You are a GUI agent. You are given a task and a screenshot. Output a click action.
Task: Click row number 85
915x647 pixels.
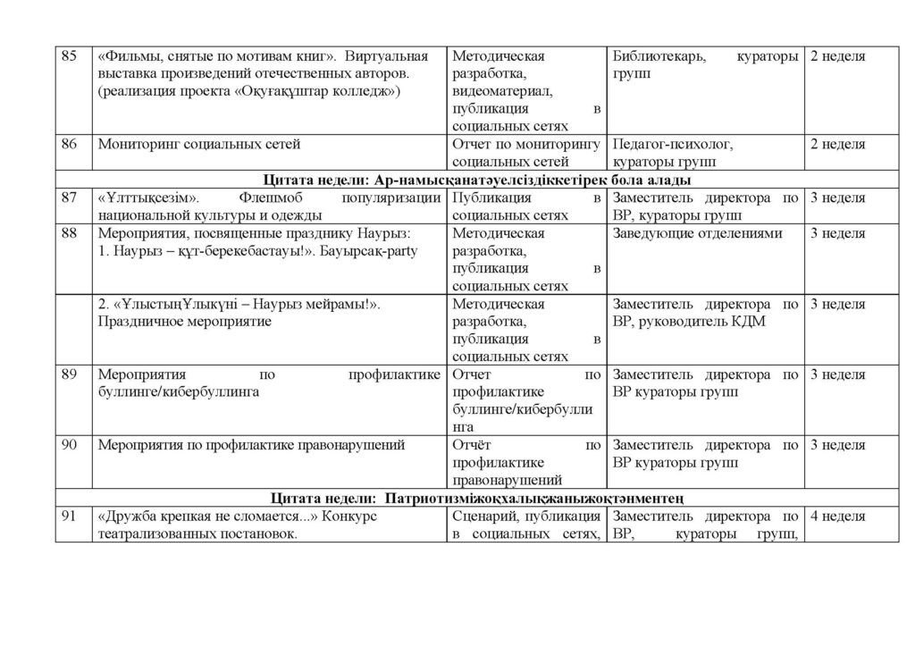[x=69, y=56]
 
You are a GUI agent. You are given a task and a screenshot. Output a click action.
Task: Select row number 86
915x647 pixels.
[x=69, y=144]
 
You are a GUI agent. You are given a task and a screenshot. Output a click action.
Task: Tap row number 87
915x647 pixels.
[x=69, y=198]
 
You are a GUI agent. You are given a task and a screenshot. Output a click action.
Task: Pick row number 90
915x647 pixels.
[x=69, y=444]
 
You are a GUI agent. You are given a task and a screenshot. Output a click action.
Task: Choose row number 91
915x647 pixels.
[x=69, y=517]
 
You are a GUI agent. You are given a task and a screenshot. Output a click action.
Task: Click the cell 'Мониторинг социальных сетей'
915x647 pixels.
[x=199, y=144]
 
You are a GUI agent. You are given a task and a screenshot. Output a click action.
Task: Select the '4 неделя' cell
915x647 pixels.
[x=837, y=517]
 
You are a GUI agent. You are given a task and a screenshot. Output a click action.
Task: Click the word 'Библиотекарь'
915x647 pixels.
[x=659, y=56]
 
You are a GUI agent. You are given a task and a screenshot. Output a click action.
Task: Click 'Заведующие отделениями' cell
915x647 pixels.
[x=698, y=233]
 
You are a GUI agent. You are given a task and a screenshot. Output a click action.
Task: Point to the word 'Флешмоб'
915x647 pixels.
[x=271, y=198]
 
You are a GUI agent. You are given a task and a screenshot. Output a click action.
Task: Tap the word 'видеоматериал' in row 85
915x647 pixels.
[x=503, y=91]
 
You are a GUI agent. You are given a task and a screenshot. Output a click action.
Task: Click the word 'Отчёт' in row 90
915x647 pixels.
[x=473, y=444]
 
